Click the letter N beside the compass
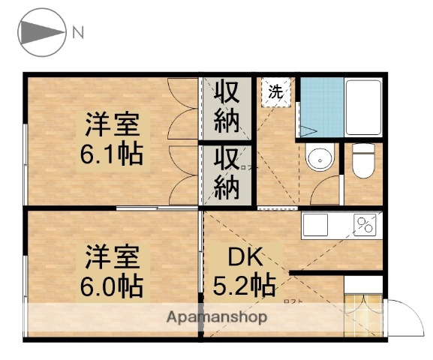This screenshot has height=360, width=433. point(79,31)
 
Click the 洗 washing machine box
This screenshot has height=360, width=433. point(275,92)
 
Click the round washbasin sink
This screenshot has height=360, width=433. point(319,159)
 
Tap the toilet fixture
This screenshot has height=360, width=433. point(364,160)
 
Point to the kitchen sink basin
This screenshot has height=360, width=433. point(315,223)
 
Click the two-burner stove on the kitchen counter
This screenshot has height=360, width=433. point(365,223)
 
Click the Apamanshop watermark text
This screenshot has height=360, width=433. point(217,316)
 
